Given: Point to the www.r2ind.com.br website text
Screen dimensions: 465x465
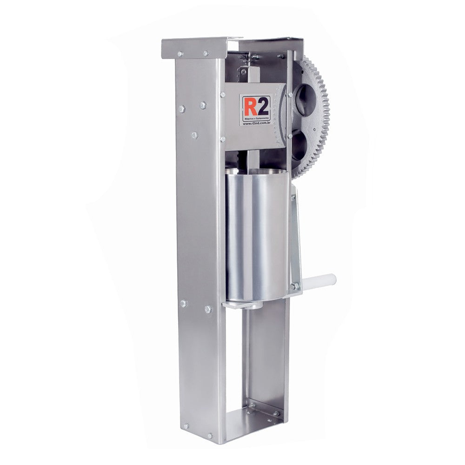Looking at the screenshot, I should [x=255, y=124].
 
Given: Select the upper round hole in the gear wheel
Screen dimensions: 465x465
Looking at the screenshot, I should [x=302, y=95].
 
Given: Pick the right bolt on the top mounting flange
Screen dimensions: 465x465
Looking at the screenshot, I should [x=205, y=53].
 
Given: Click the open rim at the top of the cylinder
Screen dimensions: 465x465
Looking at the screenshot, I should [x=256, y=174].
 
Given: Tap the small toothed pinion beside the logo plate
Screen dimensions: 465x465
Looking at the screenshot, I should [x=280, y=116].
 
